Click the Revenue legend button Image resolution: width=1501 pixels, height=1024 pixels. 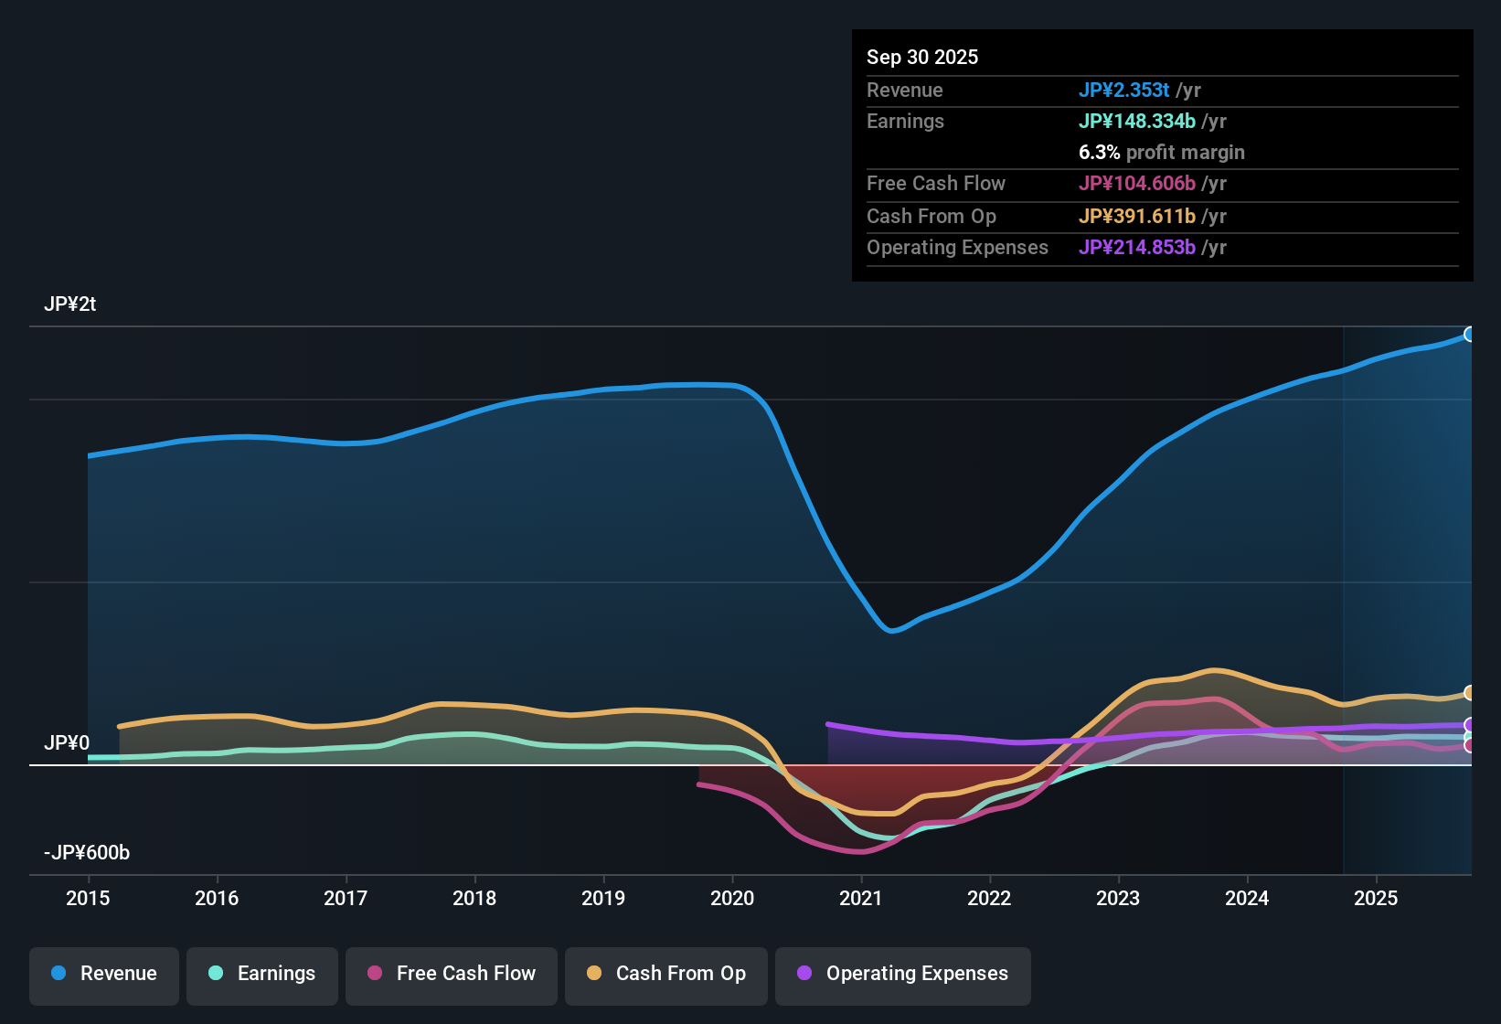point(104,974)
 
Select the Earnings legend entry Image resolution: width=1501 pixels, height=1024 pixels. point(262,974)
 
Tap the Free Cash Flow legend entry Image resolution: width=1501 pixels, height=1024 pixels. point(452,974)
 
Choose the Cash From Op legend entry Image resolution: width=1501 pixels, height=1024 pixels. point(666,974)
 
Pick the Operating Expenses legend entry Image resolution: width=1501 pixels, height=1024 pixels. point(903,974)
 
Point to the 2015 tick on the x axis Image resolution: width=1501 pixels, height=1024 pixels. point(88,898)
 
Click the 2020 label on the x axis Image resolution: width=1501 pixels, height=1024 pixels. point(732,898)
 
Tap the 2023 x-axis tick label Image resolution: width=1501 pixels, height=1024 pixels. point(1118,898)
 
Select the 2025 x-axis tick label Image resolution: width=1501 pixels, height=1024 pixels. point(1376,898)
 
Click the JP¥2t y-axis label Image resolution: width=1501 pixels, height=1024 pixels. point(70,304)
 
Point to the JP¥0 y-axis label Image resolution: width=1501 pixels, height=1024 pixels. point(67,743)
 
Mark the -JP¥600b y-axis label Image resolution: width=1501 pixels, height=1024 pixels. point(87,853)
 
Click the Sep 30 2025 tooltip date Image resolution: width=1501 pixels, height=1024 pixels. point(922,57)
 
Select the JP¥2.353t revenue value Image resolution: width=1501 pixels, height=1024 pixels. point(1123,90)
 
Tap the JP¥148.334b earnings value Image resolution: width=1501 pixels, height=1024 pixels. point(1136,121)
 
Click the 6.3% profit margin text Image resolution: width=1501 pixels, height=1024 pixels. point(1161,152)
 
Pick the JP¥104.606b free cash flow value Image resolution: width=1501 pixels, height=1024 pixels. point(1136,183)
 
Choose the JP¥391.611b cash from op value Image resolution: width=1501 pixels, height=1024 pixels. point(1136,216)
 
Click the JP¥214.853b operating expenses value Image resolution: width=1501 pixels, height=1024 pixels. point(1136,247)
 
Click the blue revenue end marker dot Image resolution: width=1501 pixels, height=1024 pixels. point(1469,335)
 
